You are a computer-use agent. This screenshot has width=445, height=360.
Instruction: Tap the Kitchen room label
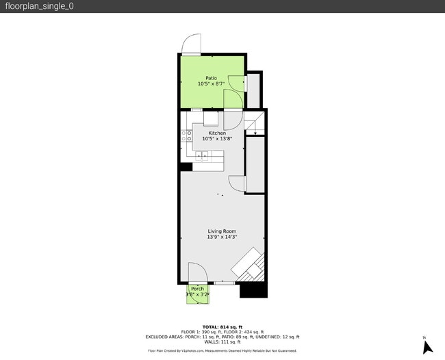tap(217, 133)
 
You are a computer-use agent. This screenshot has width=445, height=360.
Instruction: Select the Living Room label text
tap(222, 231)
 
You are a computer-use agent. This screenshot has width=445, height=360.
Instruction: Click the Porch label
tap(198, 289)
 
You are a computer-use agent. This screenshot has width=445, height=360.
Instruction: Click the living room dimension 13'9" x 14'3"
tap(222, 237)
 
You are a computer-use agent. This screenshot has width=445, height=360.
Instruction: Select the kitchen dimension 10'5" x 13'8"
tap(217, 139)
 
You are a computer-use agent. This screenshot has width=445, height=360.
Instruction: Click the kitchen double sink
tap(203, 157)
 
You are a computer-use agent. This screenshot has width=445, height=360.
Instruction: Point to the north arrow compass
tap(428, 346)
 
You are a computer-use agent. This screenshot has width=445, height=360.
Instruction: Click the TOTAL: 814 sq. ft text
tap(222, 326)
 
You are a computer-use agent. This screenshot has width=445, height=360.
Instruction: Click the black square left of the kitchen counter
tap(186, 166)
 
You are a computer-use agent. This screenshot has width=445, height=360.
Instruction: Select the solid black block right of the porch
tap(252, 290)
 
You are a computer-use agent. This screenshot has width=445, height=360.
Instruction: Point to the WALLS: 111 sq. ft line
tap(222, 342)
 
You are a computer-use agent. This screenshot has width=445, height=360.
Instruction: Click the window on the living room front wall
tap(223, 283)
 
